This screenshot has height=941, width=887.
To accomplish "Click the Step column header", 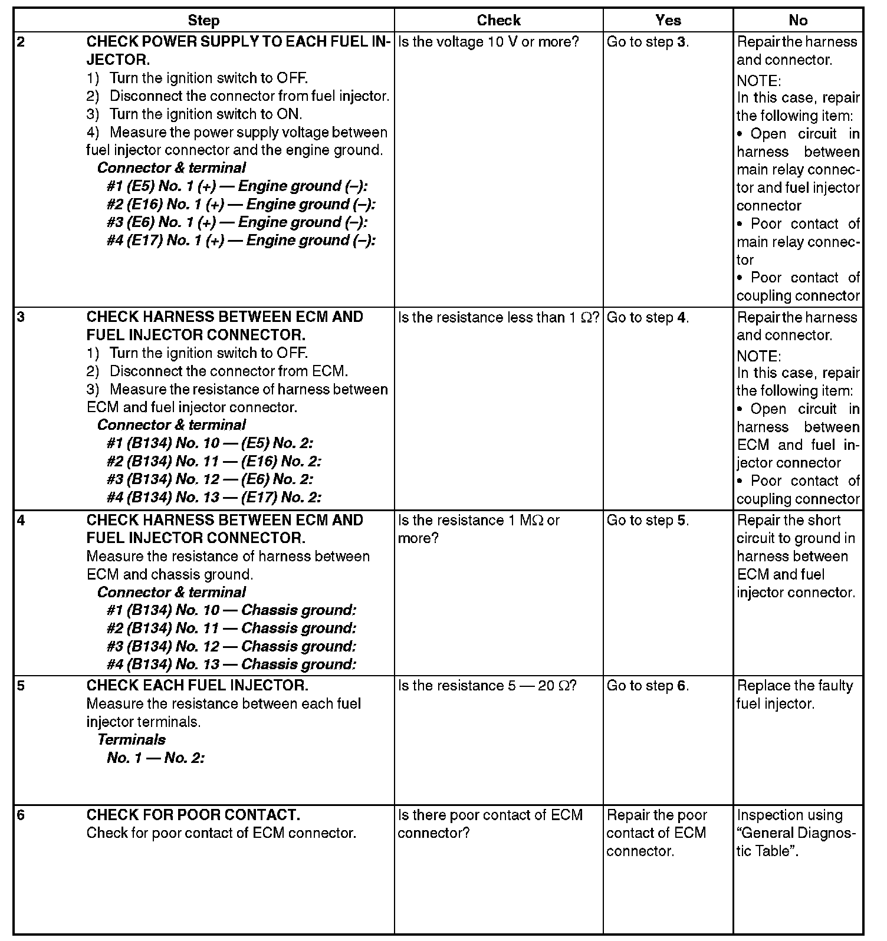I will pos(203,21).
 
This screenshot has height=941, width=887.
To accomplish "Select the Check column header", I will pos(498,21).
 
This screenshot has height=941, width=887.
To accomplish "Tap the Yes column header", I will pos(668,21).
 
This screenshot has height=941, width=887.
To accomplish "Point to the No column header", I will pos(797,21).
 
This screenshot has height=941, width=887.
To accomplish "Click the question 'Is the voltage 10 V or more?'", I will pos(489,42).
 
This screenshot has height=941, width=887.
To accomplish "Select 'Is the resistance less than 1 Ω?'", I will pos(498,318).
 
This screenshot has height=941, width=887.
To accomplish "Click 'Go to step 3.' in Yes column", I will pos(648,42).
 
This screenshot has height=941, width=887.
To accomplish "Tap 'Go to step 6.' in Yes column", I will pos(648,686).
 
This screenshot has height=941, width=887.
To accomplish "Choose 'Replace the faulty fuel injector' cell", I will pos(794,695).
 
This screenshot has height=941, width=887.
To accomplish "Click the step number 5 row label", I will pos(22,686).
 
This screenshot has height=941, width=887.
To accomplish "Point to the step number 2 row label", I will pos(22,42).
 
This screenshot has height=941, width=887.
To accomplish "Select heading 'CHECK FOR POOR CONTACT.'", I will pos(193,815).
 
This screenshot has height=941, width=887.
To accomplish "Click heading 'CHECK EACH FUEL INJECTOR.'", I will pos(197,686).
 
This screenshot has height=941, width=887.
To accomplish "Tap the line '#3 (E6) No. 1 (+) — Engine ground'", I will pos(237,222).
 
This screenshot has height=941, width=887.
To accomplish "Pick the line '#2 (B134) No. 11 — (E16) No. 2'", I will pos(214,461).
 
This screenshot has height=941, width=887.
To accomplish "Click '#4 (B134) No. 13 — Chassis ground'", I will pos(231,664).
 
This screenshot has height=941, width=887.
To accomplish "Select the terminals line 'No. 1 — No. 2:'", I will pos(156,758).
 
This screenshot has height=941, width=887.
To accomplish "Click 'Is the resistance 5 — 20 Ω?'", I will pos(487,686).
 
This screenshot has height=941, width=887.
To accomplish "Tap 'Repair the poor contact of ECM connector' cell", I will pos(656,833).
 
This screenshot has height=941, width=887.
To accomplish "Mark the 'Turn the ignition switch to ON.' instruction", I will pos(206,114).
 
